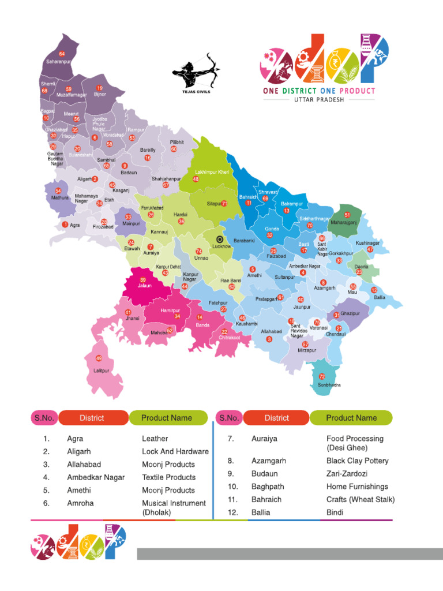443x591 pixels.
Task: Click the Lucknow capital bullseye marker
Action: click(x=219, y=238)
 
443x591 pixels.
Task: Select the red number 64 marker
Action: click(x=62, y=54)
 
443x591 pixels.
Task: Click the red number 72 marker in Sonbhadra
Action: click(x=322, y=376)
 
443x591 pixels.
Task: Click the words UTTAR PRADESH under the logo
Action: click(x=319, y=100)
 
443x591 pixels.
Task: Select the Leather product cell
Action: click(x=155, y=439)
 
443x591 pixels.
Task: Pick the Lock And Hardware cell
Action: click(x=175, y=451)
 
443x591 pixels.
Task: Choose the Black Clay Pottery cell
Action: click(x=357, y=461)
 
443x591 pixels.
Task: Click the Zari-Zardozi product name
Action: click(x=347, y=474)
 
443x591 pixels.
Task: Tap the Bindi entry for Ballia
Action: click(x=335, y=513)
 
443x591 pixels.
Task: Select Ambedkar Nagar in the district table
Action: click(x=95, y=477)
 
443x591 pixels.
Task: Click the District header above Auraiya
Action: click(x=277, y=418)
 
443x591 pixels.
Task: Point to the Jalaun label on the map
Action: click(x=145, y=286)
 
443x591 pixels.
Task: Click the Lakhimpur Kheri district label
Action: click(x=212, y=172)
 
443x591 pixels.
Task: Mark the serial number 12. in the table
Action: click(x=232, y=513)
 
